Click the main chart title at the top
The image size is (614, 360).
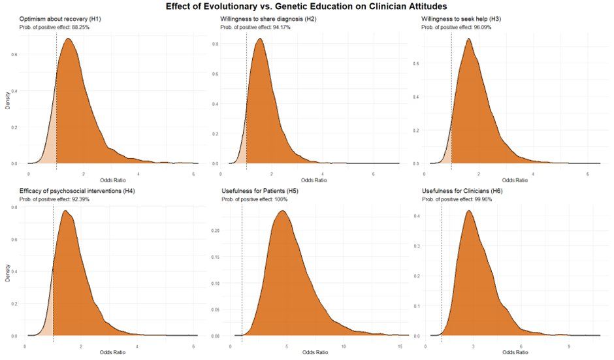coord(307,7)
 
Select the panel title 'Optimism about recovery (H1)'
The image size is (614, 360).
coord(59,19)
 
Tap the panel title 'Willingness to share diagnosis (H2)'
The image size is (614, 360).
coord(268,19)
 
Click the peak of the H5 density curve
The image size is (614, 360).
coord(282,211)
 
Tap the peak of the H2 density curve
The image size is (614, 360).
coord(260,39)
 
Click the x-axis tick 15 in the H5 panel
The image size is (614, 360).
coord(399,342)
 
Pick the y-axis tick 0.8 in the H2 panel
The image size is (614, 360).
coord(216,44)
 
